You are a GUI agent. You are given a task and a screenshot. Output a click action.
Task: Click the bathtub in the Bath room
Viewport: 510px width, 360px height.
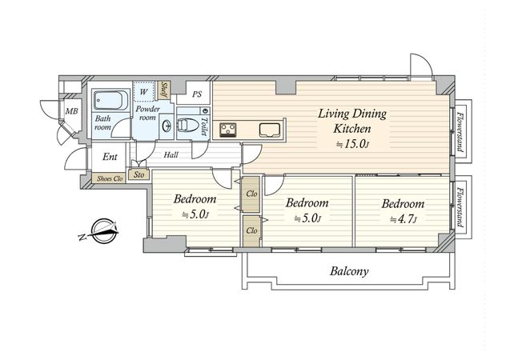[110, 100]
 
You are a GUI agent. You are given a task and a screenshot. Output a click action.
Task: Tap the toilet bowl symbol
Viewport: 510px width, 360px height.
[188, 126]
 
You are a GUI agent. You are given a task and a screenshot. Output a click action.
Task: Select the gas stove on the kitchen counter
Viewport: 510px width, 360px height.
[229, 130]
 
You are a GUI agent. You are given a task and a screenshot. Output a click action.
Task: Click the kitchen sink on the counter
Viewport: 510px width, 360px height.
[270, 130]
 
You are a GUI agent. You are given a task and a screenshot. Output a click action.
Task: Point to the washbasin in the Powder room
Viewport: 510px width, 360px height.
[167, 126]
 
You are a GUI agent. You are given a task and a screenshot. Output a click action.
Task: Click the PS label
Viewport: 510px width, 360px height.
[197, 94]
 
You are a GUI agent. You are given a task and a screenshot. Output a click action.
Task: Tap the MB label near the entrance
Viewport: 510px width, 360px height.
[71, 111]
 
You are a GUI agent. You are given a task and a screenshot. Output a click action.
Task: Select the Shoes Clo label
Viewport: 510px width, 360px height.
[110, 178]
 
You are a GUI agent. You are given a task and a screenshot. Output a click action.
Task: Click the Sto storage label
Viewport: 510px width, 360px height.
[139, 175]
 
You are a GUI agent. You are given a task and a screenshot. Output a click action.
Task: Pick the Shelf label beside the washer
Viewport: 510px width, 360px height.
[164, 90]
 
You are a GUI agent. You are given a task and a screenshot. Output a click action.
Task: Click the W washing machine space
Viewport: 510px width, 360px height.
[143, 92]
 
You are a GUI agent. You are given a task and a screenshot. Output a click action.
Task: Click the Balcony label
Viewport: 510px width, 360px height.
[349, 271]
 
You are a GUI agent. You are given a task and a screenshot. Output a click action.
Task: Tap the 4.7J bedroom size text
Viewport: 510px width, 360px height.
[403, 220]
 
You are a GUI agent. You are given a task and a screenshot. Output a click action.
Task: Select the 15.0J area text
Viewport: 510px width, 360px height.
[352, 144]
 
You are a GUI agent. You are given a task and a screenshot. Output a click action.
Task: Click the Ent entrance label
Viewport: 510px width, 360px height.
[110, 157]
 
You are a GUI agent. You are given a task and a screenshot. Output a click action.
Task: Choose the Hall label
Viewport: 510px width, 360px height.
[171, 155]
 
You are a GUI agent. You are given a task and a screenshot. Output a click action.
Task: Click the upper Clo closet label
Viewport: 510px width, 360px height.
[251, 194]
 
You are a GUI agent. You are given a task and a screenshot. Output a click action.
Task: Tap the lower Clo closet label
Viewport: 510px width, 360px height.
[251, 230]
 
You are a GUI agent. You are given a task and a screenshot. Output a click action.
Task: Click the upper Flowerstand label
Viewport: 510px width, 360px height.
[460, 131]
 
